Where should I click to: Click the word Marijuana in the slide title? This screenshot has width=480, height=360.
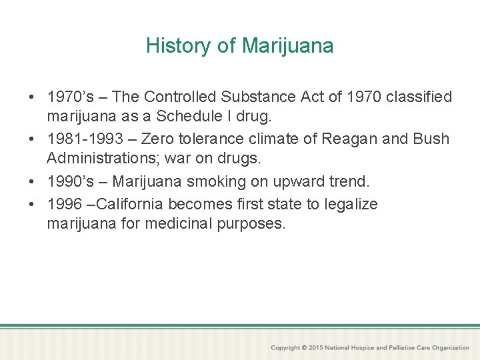[288, 46]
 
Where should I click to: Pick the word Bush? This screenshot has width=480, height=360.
[432, 139]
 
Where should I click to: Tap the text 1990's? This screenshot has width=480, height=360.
[71, 181]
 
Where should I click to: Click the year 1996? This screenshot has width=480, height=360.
[64, 204]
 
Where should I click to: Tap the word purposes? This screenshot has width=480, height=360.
[251, 223]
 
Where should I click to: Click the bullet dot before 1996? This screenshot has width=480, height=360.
[32, 204]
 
